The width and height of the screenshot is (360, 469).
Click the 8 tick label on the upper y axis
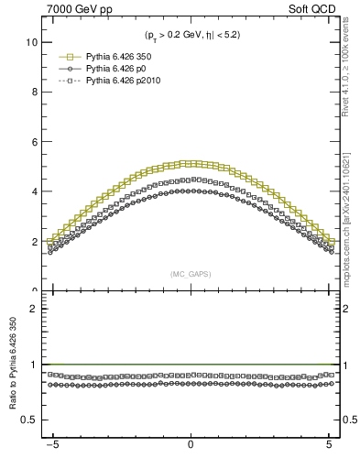click(x=35, y=93)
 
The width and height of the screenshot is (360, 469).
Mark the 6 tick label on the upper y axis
click(x=35, y=142)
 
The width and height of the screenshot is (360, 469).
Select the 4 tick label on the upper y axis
click(x=35, y=192)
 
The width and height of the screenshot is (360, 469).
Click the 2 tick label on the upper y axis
click(x=35, y=242)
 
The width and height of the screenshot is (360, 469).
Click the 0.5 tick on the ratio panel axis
click(x=30, y=420)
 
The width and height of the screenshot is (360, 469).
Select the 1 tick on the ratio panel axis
click(x=35, y=365)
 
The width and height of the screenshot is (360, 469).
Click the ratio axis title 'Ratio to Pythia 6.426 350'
click(x=13, y=368)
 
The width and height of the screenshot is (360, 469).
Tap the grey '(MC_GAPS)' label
click(x=190, y=273)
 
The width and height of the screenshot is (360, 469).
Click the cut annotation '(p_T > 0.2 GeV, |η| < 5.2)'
click(x=191, y=37)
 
